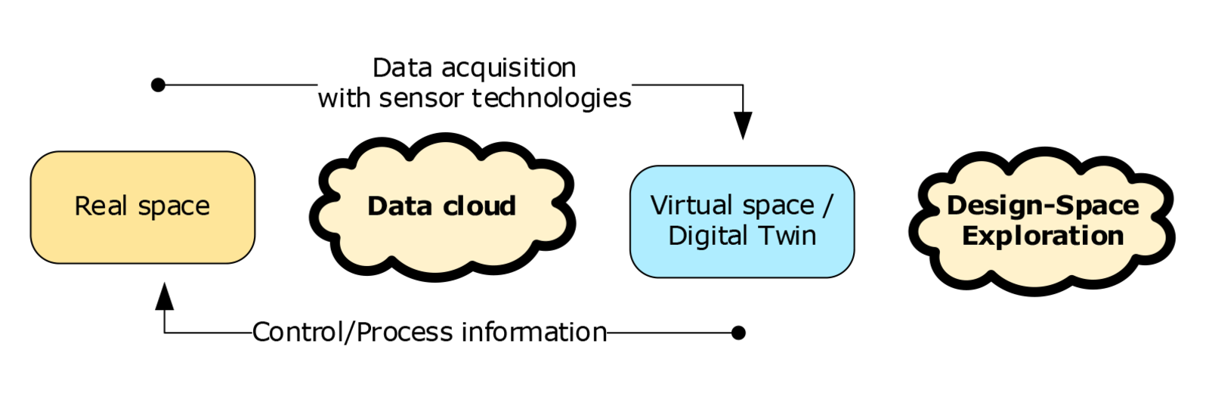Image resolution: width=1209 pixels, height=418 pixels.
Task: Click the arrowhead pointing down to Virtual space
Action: coord(743,125)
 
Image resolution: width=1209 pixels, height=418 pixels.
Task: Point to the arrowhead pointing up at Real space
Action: coord(164,296)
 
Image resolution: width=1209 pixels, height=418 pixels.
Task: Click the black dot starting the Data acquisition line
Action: coord(158,85)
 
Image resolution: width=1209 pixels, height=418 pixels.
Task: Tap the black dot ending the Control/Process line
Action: coord(739,333)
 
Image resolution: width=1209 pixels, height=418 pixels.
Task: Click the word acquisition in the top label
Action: coord(509,69)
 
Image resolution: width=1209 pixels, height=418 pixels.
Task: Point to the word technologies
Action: coord(552,98)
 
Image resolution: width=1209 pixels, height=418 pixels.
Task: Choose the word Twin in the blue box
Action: coord(788,236)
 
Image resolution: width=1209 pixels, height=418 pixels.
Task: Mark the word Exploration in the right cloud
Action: coord(1043,236)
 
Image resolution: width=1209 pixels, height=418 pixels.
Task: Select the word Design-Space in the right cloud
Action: coord(1043,206)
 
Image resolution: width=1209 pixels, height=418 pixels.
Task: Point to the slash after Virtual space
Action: coord(829,206)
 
